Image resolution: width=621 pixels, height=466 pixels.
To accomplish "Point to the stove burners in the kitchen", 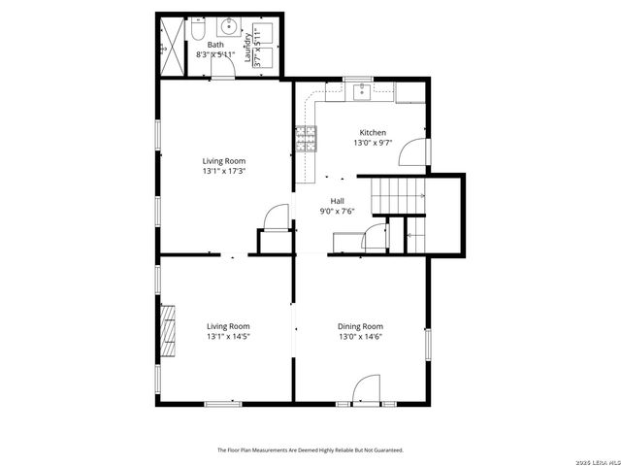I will click(307, 139).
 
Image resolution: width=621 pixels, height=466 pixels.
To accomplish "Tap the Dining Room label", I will click(360, 326).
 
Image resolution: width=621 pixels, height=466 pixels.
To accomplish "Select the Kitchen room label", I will click(373, 133).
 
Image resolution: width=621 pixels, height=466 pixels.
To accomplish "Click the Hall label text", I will click(337, 201).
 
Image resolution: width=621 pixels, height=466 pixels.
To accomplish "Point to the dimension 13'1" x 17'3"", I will click(223, 171).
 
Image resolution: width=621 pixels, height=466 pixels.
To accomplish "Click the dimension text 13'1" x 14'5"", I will click(228, 337).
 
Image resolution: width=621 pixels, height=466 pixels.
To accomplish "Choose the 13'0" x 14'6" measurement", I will click(360, 337).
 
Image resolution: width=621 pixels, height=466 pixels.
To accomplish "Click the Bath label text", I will click(214, 45).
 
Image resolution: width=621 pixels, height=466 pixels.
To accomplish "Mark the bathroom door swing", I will click(223, 76).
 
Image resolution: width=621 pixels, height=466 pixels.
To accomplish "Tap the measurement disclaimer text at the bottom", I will click(310, 449).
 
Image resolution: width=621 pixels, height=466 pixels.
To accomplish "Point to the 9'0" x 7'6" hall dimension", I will click(337, 212).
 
